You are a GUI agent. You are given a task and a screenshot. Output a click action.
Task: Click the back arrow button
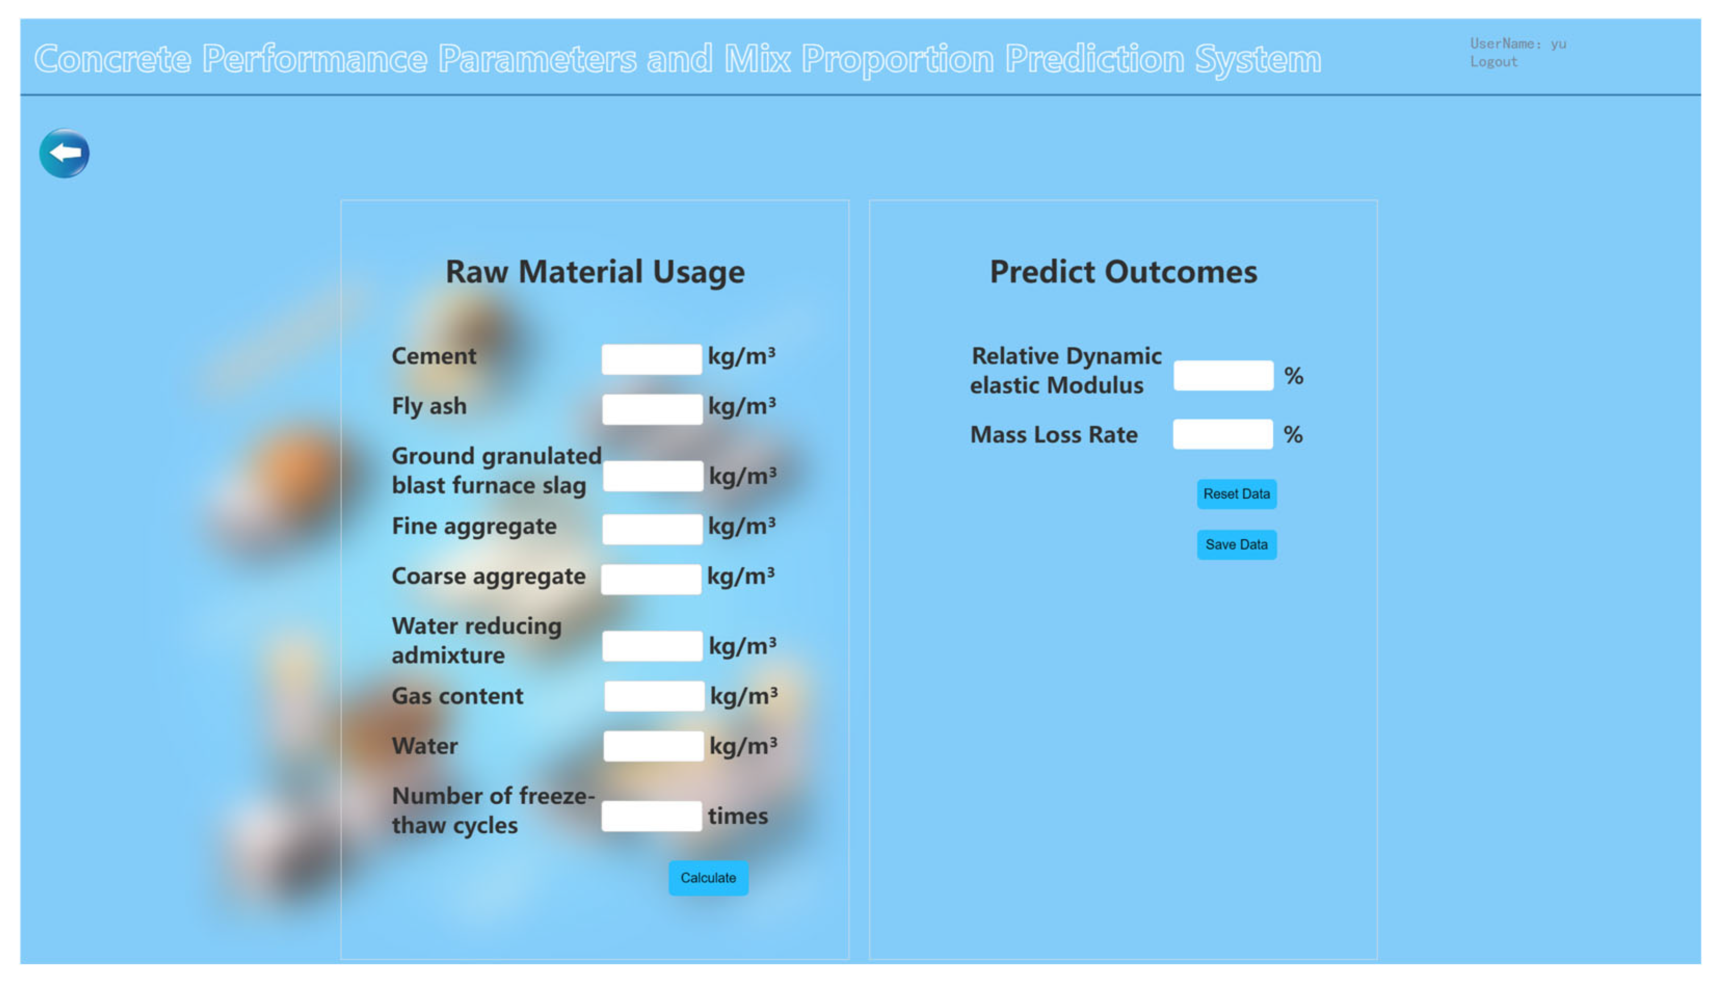(64, 153)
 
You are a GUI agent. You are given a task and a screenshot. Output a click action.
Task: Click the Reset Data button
(1236, 494)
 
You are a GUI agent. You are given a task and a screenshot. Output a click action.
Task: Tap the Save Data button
(1236, 544)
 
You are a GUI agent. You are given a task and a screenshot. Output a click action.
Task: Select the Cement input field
(651, 359)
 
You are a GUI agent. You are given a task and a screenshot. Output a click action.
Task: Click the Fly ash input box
(652, 409)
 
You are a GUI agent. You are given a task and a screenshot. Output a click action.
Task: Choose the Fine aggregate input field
(652, 529)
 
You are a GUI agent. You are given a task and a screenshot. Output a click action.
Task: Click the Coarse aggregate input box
(651, 579)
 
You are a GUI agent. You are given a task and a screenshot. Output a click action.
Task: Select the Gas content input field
(654, 696)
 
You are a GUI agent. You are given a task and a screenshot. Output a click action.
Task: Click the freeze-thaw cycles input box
(651, 816)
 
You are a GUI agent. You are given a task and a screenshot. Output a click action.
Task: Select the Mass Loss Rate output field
(1222, 434)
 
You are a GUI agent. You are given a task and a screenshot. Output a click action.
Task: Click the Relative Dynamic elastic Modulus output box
(1223, 375)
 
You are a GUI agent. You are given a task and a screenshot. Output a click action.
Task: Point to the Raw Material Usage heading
(595, 272)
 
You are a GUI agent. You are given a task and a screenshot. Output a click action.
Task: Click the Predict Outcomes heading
(1123, 272)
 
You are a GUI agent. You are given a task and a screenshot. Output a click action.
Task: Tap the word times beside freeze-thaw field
(738, 816)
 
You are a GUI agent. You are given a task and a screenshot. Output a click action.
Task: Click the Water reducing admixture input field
(652, 646)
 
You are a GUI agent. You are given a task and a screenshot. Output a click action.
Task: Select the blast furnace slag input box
(652, 476)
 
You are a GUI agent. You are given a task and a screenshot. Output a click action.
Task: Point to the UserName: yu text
(1517, 44)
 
